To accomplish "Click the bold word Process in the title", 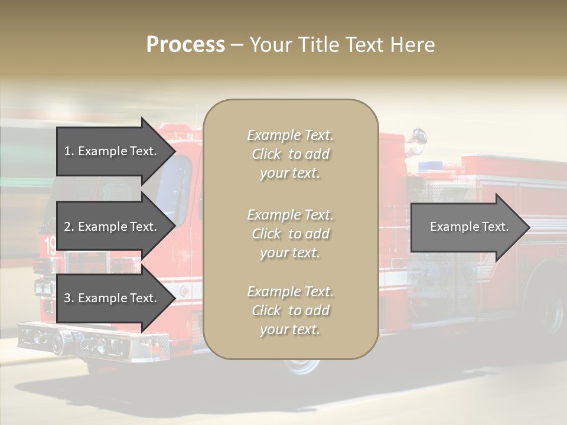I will click(185, 45).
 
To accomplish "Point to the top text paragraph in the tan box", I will click(290, 154).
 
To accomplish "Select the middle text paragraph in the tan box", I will click(290, 234).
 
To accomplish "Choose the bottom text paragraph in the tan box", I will click(290, 310).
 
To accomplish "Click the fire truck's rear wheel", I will click(550, 309).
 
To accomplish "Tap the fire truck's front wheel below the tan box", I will click(302, 365).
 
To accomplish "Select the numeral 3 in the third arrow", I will click(67, 298).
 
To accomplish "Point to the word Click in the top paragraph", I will click(266, 154).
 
